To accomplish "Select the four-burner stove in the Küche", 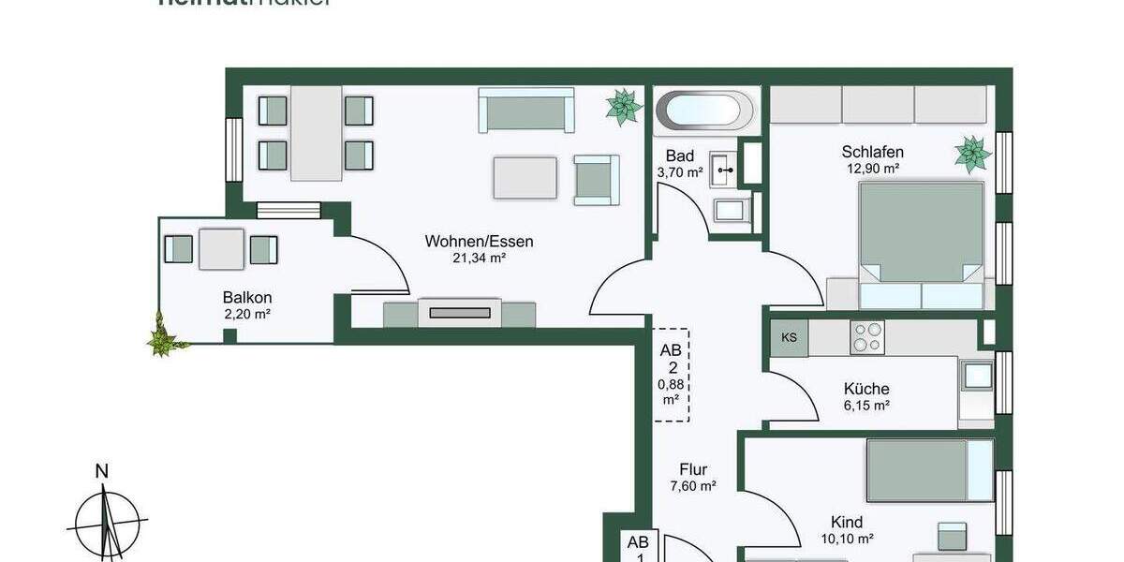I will point(866,337).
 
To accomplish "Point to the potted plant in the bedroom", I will point(972,154).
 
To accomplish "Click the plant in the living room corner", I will point(623,107).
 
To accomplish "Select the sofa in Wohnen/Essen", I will point(525,111).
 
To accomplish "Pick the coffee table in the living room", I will point(525,178).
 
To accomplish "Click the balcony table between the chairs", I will point(221,249).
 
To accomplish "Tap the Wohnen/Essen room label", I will point(479,242).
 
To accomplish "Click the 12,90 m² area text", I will point(871,169).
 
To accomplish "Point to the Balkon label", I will point(247,297).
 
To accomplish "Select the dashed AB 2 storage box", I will point(672,375).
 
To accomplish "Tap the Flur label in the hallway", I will point(693,469).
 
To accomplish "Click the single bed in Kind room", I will point(928,470).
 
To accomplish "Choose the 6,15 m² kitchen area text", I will point(866,406).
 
